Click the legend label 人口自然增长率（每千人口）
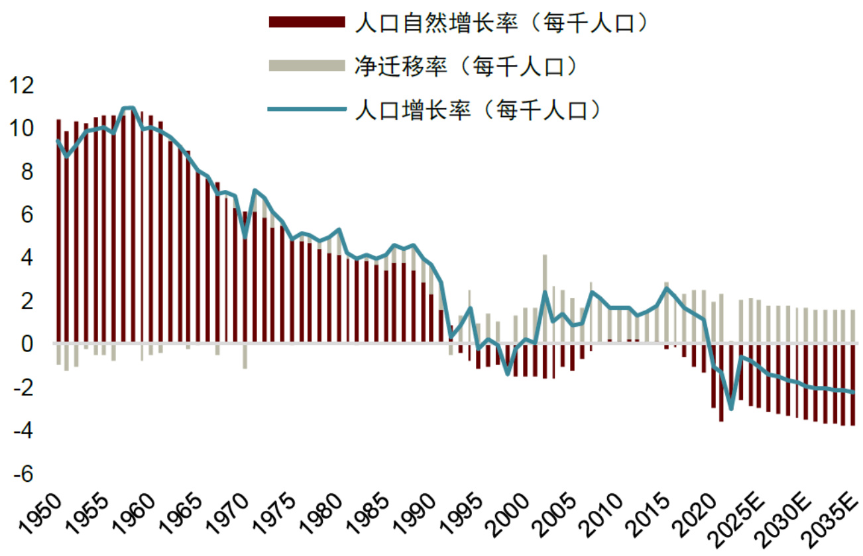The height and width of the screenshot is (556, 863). [x=500, y=23]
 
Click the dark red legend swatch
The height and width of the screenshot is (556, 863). [x=307, y=23]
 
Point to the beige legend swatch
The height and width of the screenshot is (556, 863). [x=307, y=65]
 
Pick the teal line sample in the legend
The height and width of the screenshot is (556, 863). [x=307, y=109]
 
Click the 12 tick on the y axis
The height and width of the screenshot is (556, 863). [x=18, y=85]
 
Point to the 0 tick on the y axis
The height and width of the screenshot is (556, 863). [x=27, y=344]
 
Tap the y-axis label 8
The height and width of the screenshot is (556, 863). [x=27, y=172]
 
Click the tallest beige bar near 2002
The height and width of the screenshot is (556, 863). [x=545, y=298]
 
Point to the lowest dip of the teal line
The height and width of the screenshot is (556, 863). [x=731, y=408]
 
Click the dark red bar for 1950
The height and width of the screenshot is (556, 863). [x=58, y=232]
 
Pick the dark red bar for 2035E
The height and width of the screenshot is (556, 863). [x=853, y=385]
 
